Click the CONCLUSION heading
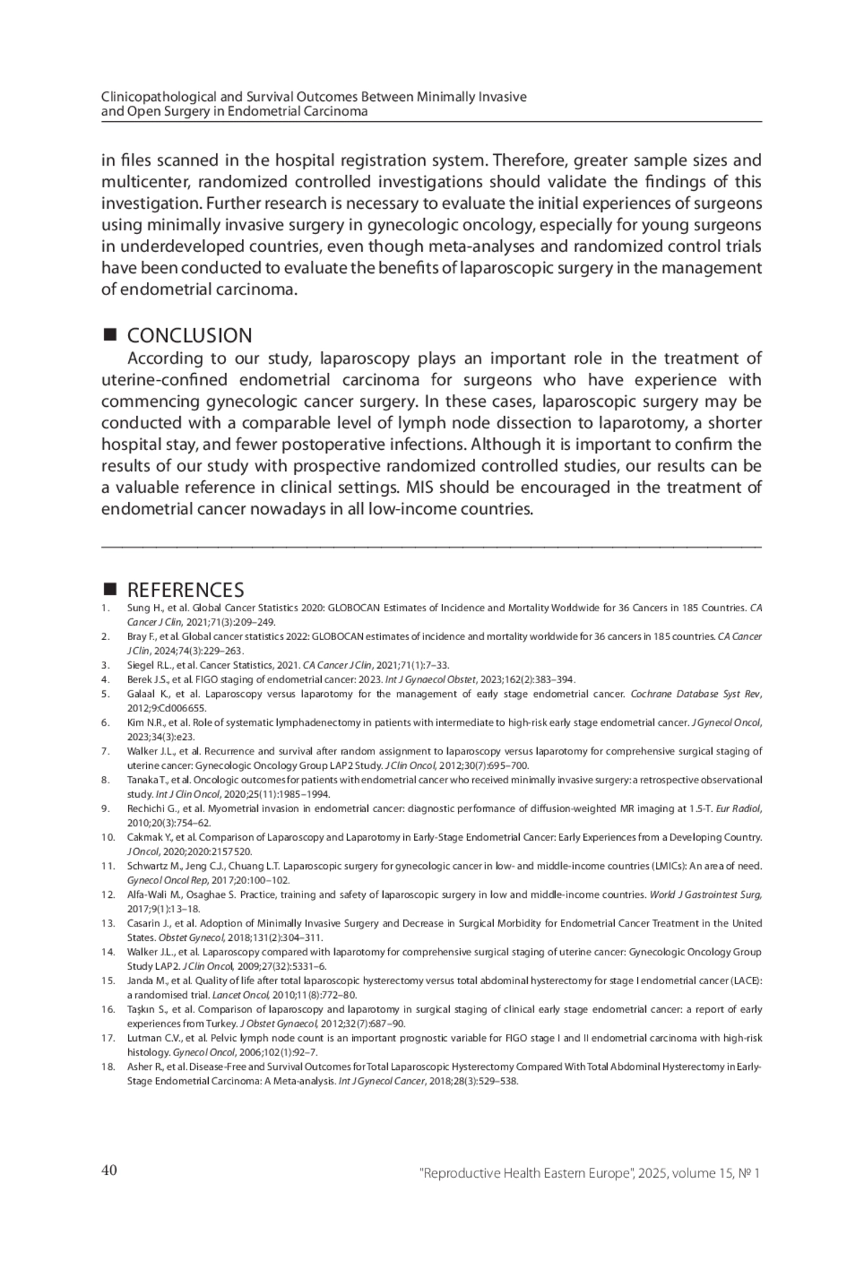pyautogui.click(x=189, y=335)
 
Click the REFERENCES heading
pyautogui.click(x=185, y=590)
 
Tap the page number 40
pyautogui.click(x=109, y=1171)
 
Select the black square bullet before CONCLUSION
pyautogui.click(x=110, y=335)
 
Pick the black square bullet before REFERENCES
pyautogui.click(x=110, y=590)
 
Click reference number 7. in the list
pyautogui.click(x=106, y=751)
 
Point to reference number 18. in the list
pyautogui.click(x=108, y=1066)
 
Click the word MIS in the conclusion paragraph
pyautogui.click(x=419, y=487)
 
